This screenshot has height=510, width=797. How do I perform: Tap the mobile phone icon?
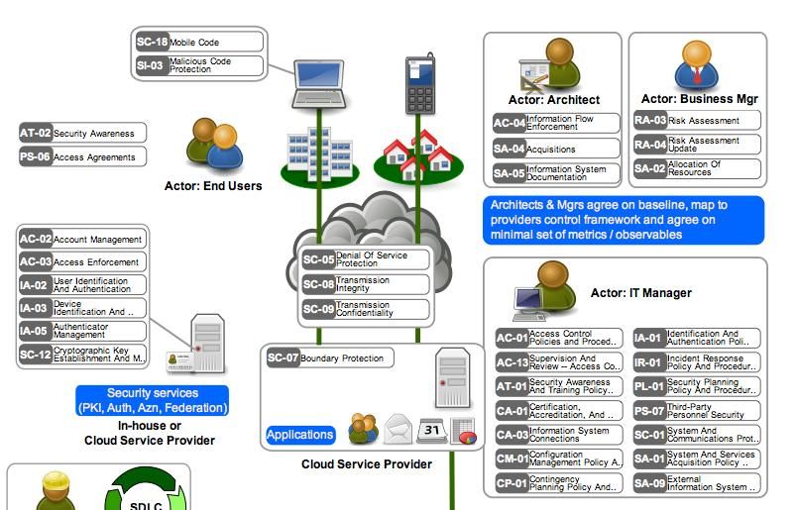(416, 80)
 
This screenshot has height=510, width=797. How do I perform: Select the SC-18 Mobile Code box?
(199, 43)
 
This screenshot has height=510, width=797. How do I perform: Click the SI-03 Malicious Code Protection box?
(199, 65)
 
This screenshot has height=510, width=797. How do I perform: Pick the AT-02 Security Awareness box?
(82, 133)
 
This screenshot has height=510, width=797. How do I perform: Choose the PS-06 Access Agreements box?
(82, 156)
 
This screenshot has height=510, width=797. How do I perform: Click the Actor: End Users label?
(213, 185)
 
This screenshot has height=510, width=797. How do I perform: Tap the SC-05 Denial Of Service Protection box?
(366, 259)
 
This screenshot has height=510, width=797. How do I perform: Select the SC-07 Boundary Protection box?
(330, 357)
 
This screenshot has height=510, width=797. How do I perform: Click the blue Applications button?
(300, 434)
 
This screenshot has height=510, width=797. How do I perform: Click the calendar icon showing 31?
(431, 429)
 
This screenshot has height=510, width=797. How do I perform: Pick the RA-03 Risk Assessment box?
(697, 121)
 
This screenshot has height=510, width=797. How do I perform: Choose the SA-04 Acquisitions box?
(556, 149)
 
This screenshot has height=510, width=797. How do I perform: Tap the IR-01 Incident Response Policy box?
(697, 362)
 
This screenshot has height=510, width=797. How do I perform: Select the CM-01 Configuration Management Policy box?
(559, 459)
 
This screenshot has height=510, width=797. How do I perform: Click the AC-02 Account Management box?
(82, 239)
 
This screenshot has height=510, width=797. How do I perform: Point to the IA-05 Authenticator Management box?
(82, 331)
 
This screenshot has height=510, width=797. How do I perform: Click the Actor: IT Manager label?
(640, 293)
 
